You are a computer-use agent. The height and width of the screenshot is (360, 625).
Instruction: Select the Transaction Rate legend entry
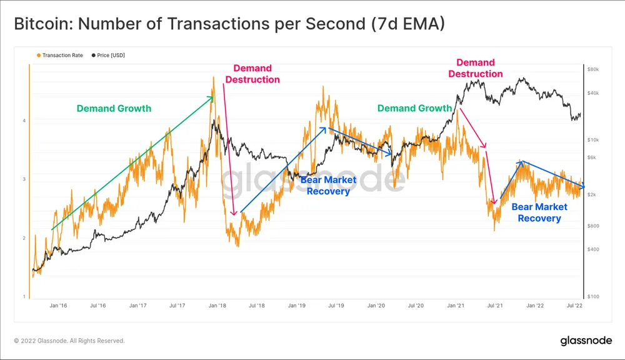[x=62, y=56]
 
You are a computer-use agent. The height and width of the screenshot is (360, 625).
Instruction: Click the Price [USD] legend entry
[x=111, y=56]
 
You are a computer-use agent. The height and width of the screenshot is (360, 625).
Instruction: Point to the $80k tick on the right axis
[x=594, y=69]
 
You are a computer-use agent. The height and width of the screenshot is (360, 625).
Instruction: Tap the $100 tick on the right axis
[x=594, y=296]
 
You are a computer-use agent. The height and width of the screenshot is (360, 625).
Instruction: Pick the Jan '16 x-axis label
[x=58, y=306]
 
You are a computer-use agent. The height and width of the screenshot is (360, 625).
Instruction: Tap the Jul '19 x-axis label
[x=336, y=306]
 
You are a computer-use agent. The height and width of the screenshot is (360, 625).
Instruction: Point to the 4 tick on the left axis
[x=24, y=121]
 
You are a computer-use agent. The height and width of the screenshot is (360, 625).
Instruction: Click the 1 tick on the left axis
[x=24, y=296]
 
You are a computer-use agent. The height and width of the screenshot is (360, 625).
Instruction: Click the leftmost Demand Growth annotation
[x=114, y=109]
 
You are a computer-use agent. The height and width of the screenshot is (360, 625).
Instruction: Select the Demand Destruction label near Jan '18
[x=252, y=74]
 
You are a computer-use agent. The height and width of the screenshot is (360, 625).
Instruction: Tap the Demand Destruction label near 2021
[x=475, y=68]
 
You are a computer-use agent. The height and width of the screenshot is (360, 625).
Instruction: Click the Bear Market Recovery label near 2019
[x=328, y=186]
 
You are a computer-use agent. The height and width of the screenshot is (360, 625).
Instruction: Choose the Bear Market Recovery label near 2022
[x=539, y=212]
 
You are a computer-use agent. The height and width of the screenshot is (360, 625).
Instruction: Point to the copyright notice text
[x=69, y=341]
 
